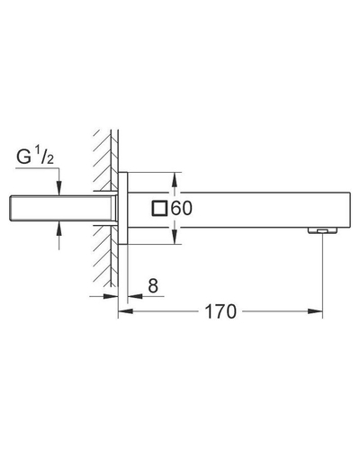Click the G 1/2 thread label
click(x=35, y=157)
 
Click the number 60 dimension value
click(x=182, y=209)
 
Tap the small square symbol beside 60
click(x=159, y=208)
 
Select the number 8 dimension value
click(x=153, y=285)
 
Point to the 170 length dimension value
click(x=220, y=311)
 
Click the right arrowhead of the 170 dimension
click(x=315, y=311)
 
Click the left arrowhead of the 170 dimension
click(x=126, y=311)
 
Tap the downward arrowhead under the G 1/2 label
click(x=59, y=188)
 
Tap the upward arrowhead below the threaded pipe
click(x=59, y=229)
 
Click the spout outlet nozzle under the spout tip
click(x=322, y=230)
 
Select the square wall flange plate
click(x=123, y=208)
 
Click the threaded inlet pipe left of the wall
click(x=63, y=209)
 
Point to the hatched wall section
click(x=105, y=207)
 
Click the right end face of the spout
click(x=350, y=209)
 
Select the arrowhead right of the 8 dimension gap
click(x=135, y=296)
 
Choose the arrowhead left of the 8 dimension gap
click(x=111, y=296)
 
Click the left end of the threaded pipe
click(x=11, y=209)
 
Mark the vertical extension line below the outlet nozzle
click(x=322, y=275)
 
